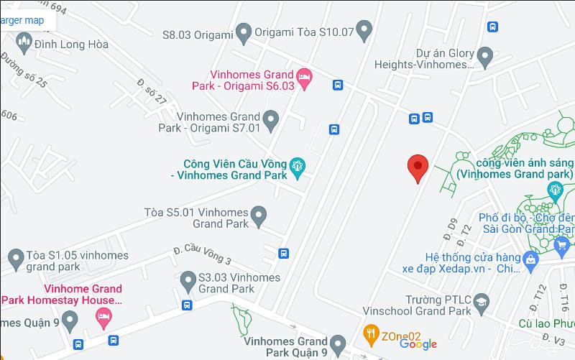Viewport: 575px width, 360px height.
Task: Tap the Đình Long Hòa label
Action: [x=72, y=45]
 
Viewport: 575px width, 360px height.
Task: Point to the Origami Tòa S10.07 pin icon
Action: [x=365, y=31]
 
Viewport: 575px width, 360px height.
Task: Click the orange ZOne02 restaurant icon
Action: [x=371, y=333]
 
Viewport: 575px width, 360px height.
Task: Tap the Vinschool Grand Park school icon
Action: [x=481, y=305]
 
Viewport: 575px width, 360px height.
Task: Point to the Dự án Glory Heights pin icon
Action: [x=485, y=55]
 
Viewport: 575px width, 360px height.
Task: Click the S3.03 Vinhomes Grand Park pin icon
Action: [x=188, y=279]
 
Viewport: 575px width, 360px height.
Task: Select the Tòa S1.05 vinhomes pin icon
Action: [x=16, y=257]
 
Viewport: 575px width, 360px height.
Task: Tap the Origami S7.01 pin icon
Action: [x=271, y=120]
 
